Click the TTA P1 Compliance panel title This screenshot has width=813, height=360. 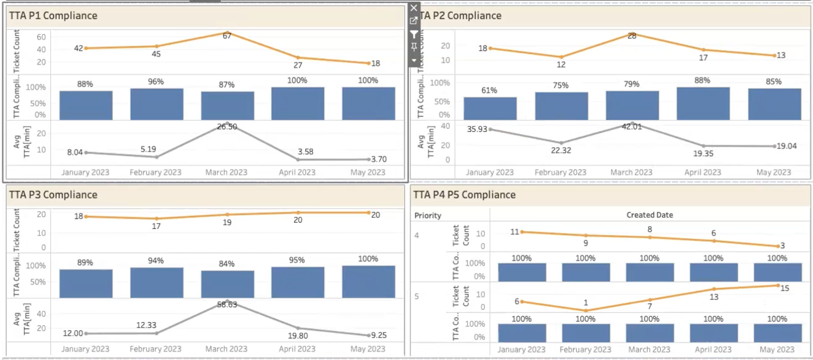pyautogui.click(x=53, y=16)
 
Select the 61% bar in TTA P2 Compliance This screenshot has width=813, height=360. pyautogui.click(x=490, y=108)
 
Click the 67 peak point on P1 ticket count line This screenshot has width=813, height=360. pyautogui.click(x=227, y=33)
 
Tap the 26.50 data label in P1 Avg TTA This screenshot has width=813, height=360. pyautogui.click(x=227, y=127)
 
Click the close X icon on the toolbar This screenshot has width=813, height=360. pyautogui.click(x=414, y=8)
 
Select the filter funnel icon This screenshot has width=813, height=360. pyautogui.click(x=414, y=34)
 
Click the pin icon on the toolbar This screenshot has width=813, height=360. pyautogui.click(x=414, y=47)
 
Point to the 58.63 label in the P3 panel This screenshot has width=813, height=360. pyautogui.click(x=227, y=304)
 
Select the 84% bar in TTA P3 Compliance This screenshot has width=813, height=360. pyautogui.click(x=227, y=284)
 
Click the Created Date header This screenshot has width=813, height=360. pyautogui.click(x=650, y=215)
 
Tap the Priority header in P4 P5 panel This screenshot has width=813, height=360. pyautogui.click(x=428, y=216)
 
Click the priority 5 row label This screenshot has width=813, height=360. pyautogui.click(x=417, y=296)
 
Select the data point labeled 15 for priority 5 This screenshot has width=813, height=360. pyautogui.click(x=778, y=285)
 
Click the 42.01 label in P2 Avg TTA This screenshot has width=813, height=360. pyautogui.click(x=632, y=127)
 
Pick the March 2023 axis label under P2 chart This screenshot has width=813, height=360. pyautogui.click(x=631, y=172)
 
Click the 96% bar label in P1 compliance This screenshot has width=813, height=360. pyautogui.click(x=156, y=82)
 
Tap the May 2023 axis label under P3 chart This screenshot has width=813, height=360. pyautogui.click(x=368, y=349)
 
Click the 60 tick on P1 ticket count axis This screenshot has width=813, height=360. pyautogui.click(x=41, y=37)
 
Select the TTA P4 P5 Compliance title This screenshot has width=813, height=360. pyautogui.click(x=464, y=195)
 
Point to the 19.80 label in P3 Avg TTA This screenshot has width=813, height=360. pyautogui.click(x=298, y=335)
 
